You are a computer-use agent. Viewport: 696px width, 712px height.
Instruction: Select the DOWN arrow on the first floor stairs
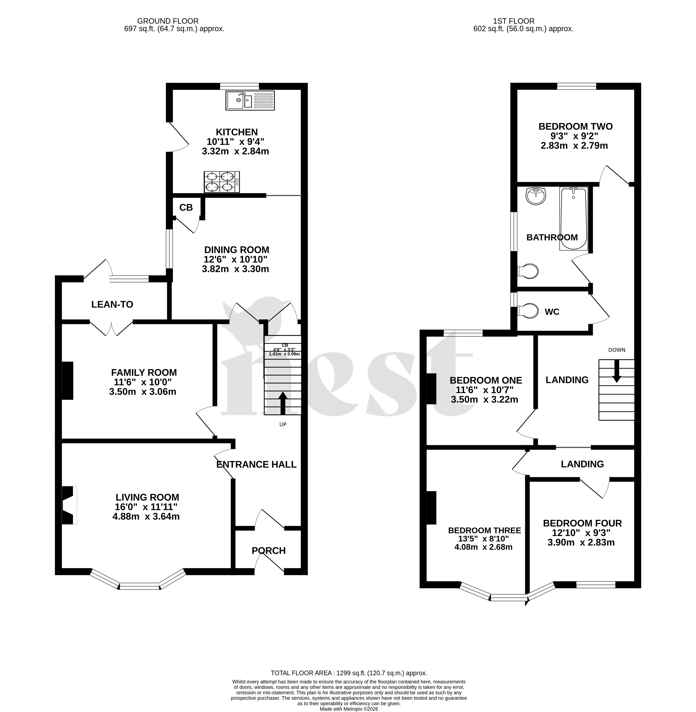tap(617, 371)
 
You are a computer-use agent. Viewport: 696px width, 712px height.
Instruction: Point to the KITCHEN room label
tap(237, 132)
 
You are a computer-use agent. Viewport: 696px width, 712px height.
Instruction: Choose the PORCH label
tap(269, 551)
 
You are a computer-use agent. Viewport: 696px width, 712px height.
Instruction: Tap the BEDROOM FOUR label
tap(582, 523)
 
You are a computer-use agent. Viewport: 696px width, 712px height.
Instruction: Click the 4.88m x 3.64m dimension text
tap(146, 516)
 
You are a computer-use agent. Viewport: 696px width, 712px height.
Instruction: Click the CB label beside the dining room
tap(186, 208)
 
